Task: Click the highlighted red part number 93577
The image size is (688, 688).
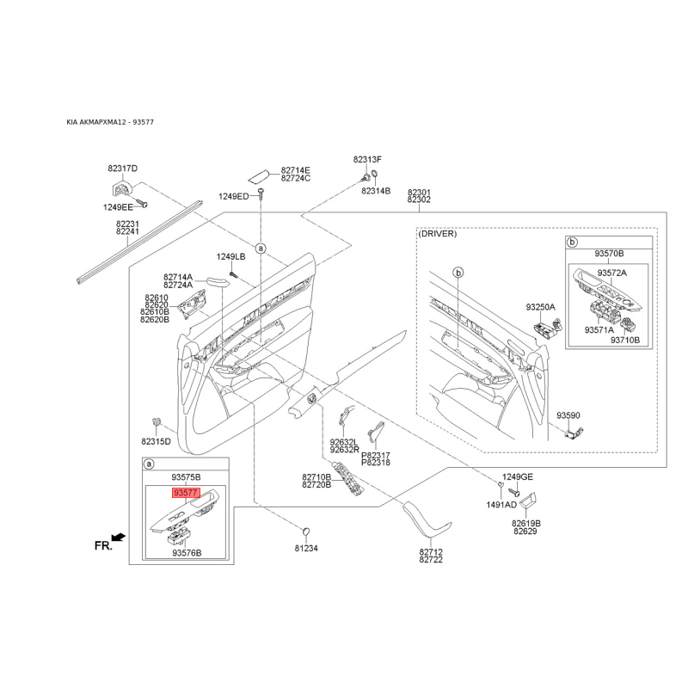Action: pyautogui.click(x=186, y=493)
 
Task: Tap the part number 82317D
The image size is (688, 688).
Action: pyautogui.click(x=122, y=169)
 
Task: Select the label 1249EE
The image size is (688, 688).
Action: pyautogui.click(x=118, y=207)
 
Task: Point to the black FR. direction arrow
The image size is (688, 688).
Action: pyautogui.click(x=119, y=537)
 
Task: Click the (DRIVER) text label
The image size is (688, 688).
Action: pyautogui.click(x=438, y=234)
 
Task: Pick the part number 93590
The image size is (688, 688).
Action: pyautogui.click(x=568, y=415)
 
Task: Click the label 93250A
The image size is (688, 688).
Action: pyautogui.click(x=541, y=307)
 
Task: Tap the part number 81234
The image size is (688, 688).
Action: pyautogui.click(x=306, y=548)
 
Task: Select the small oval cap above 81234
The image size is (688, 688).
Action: pyautogui.click(x=306, y=531)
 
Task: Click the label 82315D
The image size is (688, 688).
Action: pyautogui.click(x=156, y=441)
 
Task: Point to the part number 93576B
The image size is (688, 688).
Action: pyautogui.click(x=187, y=553)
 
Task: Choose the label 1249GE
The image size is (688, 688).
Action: pyautogui.click(x=518, y=477)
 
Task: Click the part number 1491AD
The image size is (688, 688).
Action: pyautogui.click(x=501, y=505)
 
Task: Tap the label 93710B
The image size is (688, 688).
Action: pyautogui.click(x=625, y=340)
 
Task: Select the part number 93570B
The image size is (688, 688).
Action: pyautogui.click(x=609, y=254)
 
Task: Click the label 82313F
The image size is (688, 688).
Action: pyautogui.click(x=368, y=159)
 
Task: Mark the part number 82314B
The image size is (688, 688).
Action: pyautogui.click(x=376, y=191)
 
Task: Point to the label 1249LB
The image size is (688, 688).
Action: pyautogui.click(x=230, y=256)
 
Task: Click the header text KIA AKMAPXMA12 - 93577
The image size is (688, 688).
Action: pyautogui.click(x=110, y=122)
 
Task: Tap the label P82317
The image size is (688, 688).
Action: pyautogui.click(x=376, y=456)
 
